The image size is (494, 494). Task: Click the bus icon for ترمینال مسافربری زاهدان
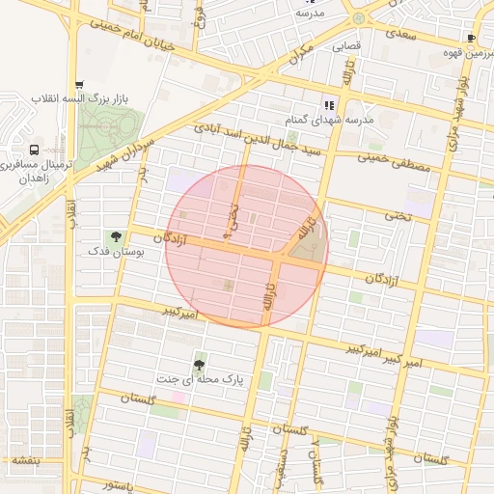point(35,151)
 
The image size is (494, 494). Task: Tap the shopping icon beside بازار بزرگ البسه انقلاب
point(79,85)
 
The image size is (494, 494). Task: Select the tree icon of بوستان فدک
point(116,236)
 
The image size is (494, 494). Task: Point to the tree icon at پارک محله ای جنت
point(199,365)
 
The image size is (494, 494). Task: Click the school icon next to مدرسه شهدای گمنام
point(329,105)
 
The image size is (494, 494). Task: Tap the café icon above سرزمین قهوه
point(471,38)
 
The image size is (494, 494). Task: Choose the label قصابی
point(346,45)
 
